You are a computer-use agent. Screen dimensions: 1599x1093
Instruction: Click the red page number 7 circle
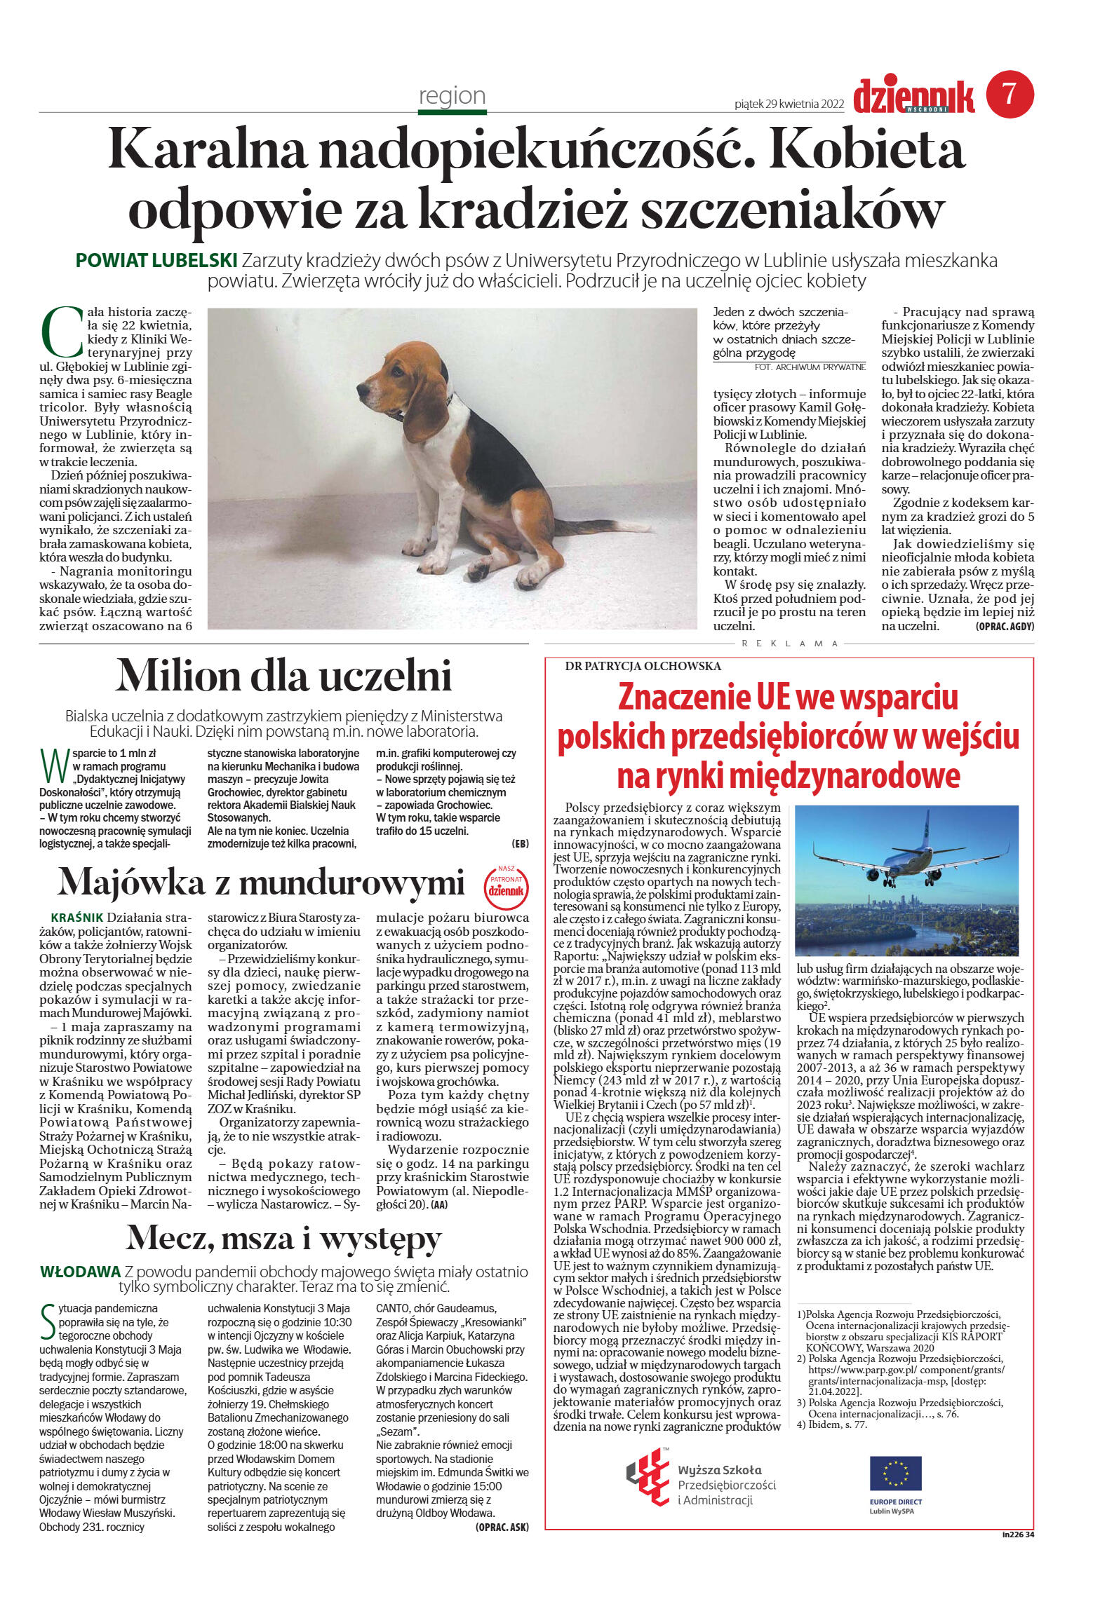tap(1010, 94)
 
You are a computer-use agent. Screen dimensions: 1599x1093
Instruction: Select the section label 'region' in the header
tap(452, 95)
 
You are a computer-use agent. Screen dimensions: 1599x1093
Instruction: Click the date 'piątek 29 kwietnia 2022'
tap(789, 104)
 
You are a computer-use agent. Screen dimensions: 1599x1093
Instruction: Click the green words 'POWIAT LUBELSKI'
tap(156, 261)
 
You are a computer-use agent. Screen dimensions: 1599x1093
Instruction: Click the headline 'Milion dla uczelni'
tap(283, 676)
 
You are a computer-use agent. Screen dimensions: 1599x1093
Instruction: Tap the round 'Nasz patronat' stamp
tap(506, 885)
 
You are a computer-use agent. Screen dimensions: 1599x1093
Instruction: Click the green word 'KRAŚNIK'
tap(77, 918)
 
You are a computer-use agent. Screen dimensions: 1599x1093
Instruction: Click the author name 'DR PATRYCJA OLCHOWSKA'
tap(643, 666)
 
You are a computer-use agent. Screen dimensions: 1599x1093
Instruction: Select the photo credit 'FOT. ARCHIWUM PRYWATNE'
tap(810, 367)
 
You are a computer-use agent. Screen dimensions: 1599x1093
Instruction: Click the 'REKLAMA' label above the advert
tap(789, 643)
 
